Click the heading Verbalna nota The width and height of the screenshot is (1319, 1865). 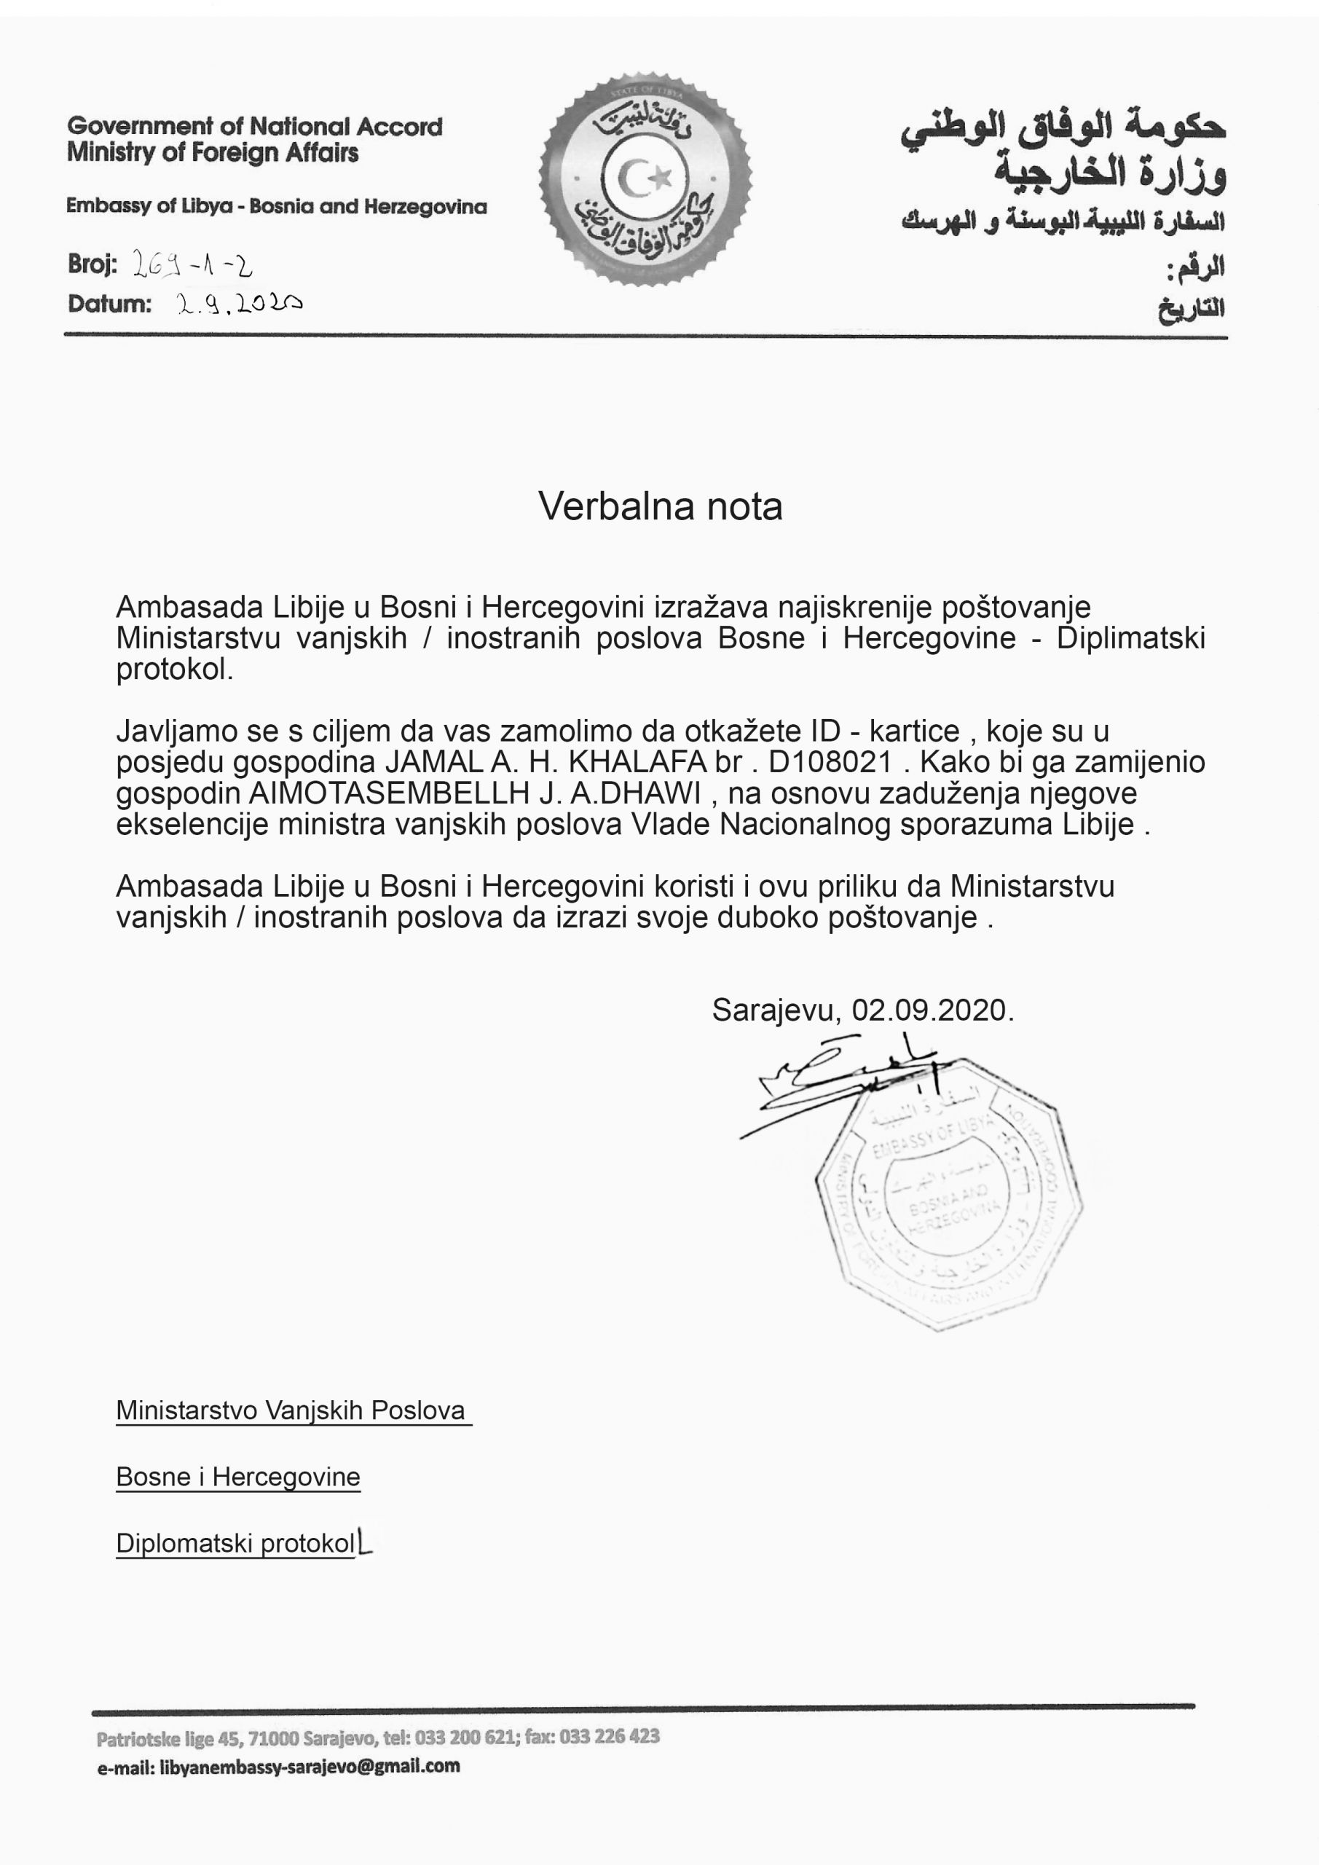coord(660,506)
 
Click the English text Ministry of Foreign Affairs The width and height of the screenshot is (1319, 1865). coord(213,153)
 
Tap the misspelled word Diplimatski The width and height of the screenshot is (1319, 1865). coord(1130,638)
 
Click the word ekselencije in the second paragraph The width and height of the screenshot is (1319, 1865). coord(192,824)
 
